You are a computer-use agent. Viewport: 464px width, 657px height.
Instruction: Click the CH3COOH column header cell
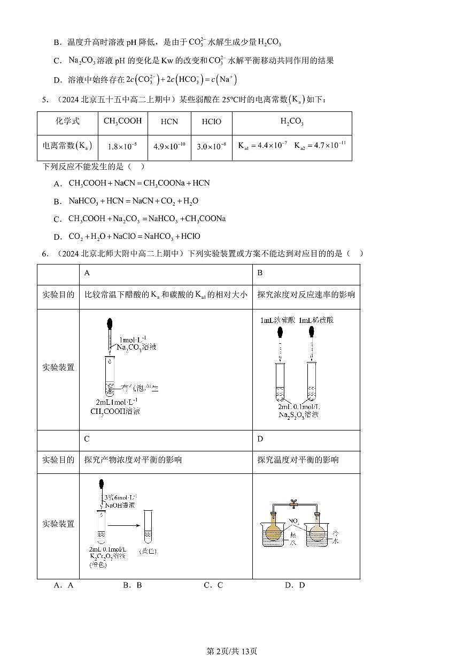[x=122, y=122]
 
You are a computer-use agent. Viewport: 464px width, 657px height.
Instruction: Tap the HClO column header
[x=211, y=122]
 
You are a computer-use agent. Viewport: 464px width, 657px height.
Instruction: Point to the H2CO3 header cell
[x=292, y=122]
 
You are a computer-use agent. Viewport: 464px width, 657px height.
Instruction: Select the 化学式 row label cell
[x=67, y=122]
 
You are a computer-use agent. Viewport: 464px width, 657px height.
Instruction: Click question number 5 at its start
[x=46, y=99]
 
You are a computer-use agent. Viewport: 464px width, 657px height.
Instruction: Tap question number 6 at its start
[x=46, y=253]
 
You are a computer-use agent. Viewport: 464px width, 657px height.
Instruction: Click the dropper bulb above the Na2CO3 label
[x=110, y=324]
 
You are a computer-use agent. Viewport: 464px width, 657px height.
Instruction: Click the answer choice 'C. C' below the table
[x=213, y=585]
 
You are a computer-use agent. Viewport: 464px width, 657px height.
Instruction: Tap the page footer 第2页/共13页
[x=231, y=651]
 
